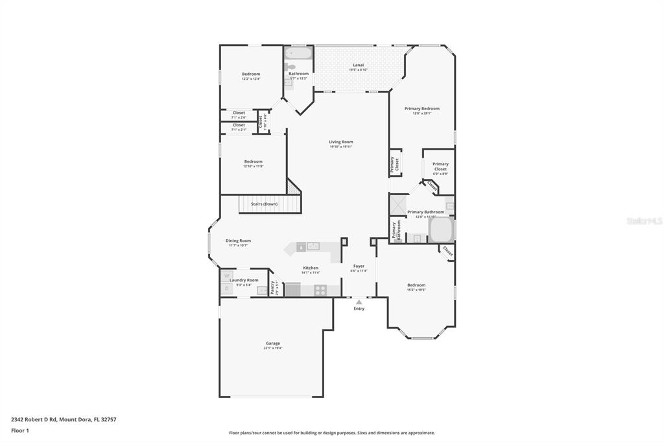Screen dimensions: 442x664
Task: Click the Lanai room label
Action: [358, 65]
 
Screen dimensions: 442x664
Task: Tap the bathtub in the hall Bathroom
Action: [299, 52]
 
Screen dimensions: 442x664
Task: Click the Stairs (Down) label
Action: [264, 204]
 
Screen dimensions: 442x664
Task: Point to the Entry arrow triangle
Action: [359, 302]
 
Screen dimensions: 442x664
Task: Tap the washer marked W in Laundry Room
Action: [227, 275]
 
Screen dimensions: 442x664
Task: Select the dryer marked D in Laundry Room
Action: [227, 288]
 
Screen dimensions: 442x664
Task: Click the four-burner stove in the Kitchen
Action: [320, 290]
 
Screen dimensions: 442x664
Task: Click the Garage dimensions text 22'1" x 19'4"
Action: [272, 348]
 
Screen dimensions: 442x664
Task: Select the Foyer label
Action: [359, 266]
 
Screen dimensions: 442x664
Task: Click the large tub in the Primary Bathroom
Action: [441, 229]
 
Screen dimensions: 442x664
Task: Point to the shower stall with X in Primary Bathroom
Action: [397, 204]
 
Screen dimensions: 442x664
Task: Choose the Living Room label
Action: [341, 142]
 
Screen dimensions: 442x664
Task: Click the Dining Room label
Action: [238, 240]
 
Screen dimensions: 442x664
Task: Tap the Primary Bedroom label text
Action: [422, 109]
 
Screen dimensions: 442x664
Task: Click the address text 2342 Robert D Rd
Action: [35, 419]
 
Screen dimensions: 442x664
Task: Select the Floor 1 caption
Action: [20, 430]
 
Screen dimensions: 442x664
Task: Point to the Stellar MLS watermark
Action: [644, 221]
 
